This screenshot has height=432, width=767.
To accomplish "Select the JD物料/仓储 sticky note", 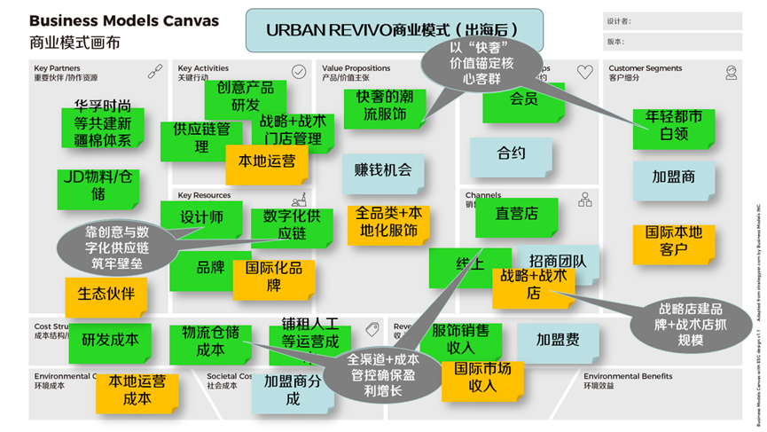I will (98, 185).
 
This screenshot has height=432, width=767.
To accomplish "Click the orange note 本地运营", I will (267, 161).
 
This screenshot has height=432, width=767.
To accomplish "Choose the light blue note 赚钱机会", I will (383, 170).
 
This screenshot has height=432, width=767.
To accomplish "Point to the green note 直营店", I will (516, 214).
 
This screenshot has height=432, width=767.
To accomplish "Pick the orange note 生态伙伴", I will (106, 294).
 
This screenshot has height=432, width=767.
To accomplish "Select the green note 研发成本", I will (110, 339).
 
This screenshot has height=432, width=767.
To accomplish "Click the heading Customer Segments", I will (645, 68).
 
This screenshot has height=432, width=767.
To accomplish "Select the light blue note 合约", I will (512, 154).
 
